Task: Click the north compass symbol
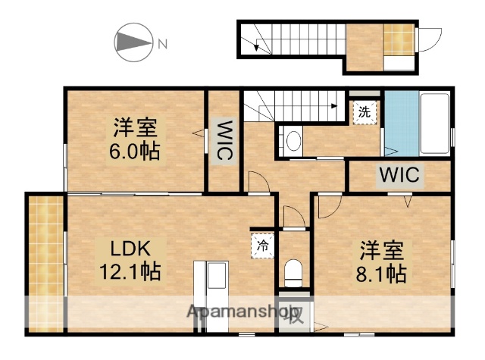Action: point(133,43)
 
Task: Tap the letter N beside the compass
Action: point(162,44)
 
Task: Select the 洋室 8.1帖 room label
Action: point(382,261)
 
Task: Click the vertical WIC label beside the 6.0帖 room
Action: point(225,139)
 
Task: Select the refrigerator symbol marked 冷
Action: point(262,244)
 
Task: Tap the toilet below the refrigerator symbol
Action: point(294,271)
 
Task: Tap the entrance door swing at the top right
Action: point(430,39)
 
